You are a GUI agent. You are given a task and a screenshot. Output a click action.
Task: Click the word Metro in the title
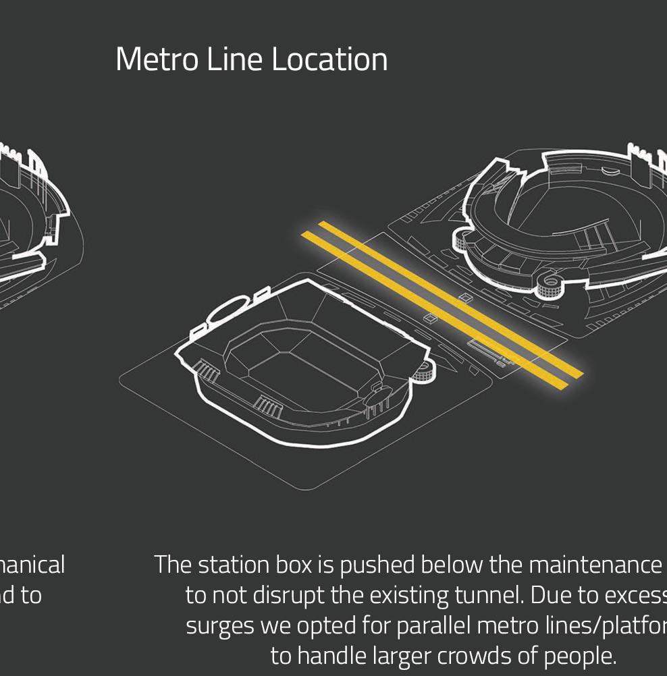(x=157, y=59)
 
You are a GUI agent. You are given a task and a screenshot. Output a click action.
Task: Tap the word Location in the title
(x=330, y=59)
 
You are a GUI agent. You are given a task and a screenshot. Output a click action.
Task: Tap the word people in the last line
(x=582, y=656)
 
